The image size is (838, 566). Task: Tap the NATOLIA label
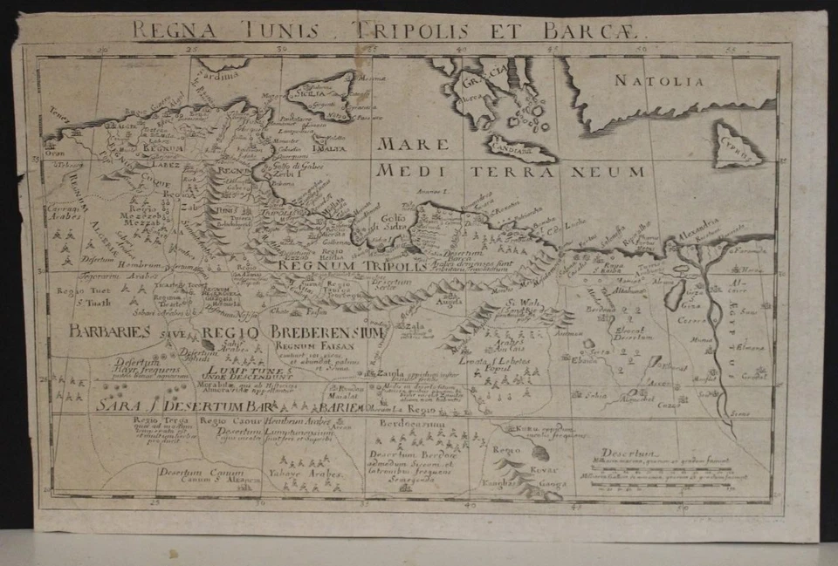coord(657,81)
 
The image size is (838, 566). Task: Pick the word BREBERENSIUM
coord(326,332)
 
